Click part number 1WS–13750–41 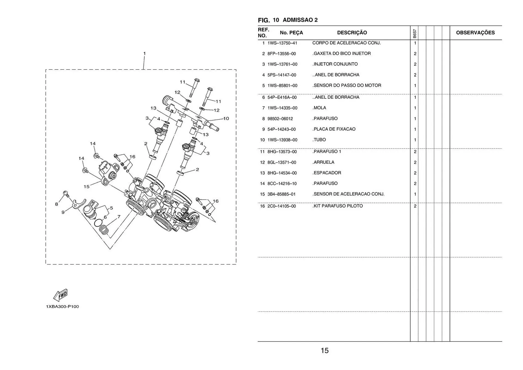(282, 43)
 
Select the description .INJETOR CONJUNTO (335, 64)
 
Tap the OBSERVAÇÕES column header (475, 33)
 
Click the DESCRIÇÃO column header (352, 33)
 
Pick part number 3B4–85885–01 (281, 194)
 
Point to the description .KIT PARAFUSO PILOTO (337, 206)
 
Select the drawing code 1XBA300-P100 (62, 307)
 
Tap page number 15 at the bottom (324, 351)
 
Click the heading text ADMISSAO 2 (300, 20)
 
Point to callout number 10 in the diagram (226, 119)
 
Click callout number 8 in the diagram (56, 204)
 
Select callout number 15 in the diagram (86, 187)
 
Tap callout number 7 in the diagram (119, 217)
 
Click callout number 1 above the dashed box (144, 53)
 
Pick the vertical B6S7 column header (414, 34)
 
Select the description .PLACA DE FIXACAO (334, 129)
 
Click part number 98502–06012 (280, 119)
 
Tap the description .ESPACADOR (327, 173)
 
